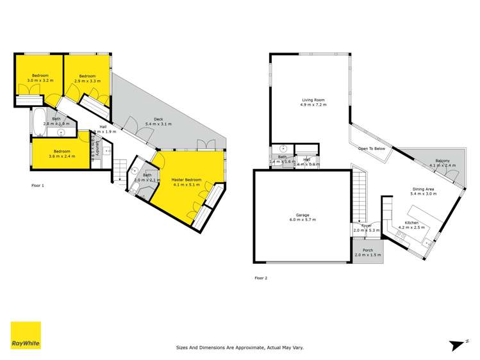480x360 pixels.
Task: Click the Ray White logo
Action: tap(25, 336)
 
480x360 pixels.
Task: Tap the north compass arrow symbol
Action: tap(457, 345)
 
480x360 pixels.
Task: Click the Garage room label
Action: tap(301, 218)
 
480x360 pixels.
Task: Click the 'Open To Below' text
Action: tap(372, 149)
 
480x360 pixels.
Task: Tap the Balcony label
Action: tap(442, 163)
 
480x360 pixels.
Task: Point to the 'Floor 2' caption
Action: tap(261, 277)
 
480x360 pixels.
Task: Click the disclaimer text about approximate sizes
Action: tap(240, 348)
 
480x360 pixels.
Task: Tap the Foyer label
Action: tap(367, 227)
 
